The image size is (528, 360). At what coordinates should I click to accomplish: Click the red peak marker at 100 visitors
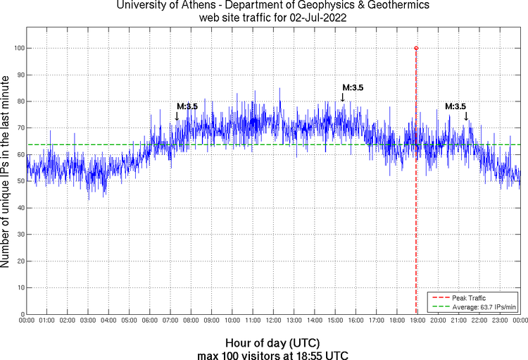[x=416, y=48]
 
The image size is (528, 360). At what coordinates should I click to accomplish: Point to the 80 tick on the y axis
[x=20, y=101]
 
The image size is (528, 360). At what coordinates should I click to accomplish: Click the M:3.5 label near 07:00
[x=187, y=106]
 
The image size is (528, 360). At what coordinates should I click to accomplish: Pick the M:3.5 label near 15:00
[x=353, y=88]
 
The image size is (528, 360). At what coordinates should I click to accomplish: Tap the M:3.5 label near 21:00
[x=455, y=106]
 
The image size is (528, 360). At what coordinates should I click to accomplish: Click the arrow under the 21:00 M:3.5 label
[x=466, y=116]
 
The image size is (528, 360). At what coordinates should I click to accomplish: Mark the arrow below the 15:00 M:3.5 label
[x=343, y=98]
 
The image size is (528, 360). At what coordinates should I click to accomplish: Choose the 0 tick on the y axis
[x=23, y=314]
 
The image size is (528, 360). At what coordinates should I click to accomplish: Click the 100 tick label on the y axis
[x=18, y=48]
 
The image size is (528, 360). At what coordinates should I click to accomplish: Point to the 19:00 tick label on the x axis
[x=417, y=321]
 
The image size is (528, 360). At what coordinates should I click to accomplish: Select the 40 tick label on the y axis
[x=20, y=208]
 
